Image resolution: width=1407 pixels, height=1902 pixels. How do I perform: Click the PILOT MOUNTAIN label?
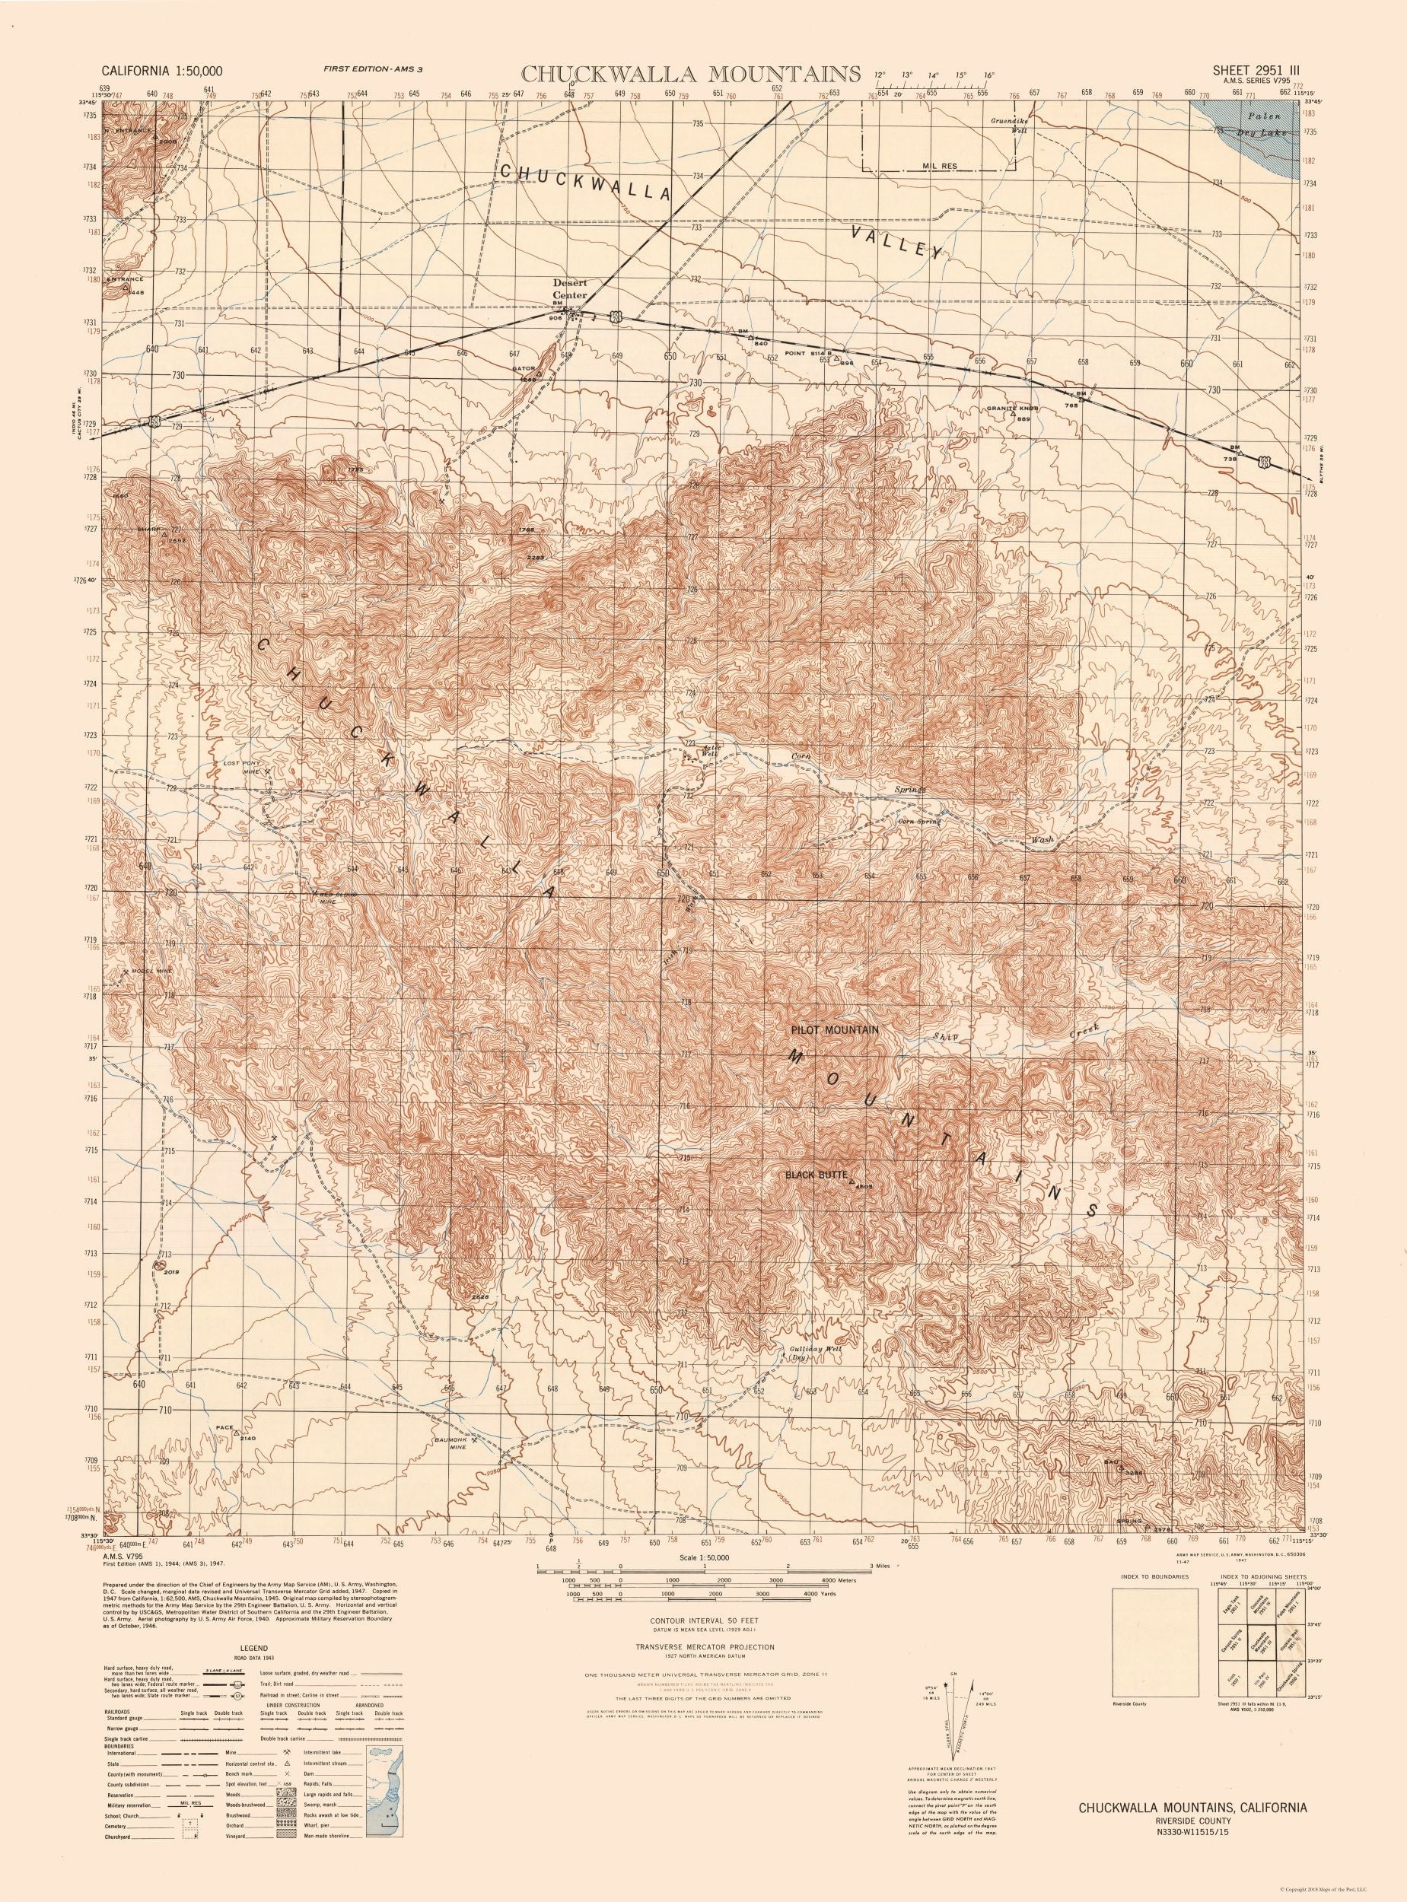[x=832, y=1029]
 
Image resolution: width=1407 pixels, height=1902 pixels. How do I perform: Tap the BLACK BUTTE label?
[x=815, y=1174]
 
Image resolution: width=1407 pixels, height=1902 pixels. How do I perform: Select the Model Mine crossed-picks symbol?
[x=126, y=972]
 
